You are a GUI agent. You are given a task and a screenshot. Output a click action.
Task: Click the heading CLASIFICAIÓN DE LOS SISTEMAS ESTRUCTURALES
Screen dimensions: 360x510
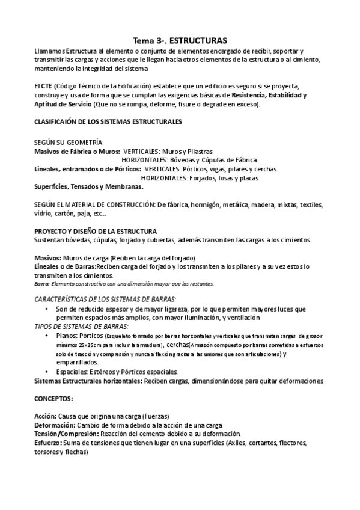pyautogui.click(x=108, y=121)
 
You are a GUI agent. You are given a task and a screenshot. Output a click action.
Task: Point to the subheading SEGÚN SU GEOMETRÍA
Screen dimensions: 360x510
pyautogui.click(x=68, y=143)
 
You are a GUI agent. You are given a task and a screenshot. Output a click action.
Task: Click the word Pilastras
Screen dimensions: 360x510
pyautogui.click(x=198, y=152)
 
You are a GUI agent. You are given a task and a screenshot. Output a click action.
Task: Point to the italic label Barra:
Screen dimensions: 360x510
pyautogui.click(x=41, y=284)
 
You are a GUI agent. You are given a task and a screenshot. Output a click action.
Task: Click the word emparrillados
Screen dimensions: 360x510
pyautogui.click(x=77, y=363)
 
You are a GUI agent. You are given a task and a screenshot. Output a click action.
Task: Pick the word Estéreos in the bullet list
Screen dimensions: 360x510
pyautogui.click(x=108, y=372)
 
